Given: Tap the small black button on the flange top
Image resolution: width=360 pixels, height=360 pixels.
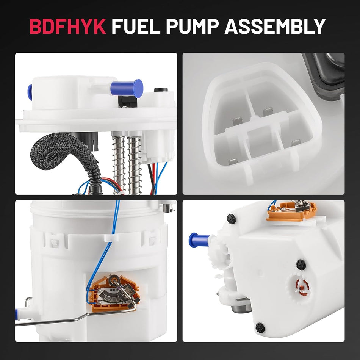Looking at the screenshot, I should tap(161, 90).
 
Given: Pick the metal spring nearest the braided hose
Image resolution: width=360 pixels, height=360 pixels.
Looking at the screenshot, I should tap(119, 163).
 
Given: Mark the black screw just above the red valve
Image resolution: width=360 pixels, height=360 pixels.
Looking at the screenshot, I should tap(301, 264).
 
